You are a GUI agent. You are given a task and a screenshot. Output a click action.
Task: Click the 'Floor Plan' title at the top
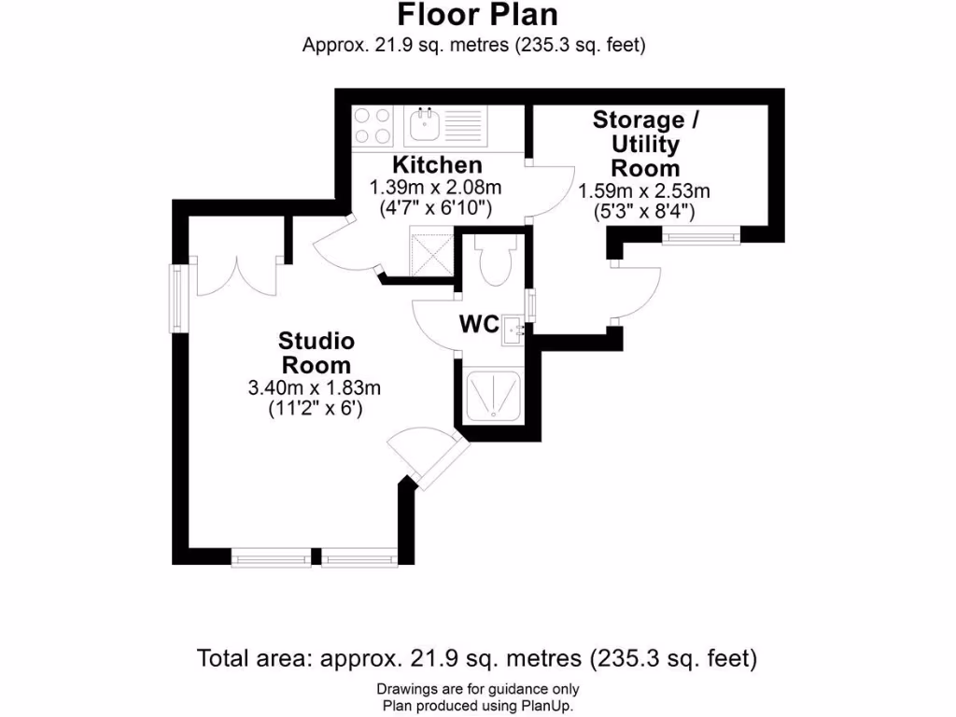coord(477,15)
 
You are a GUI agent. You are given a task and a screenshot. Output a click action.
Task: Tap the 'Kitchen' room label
coord(424,166)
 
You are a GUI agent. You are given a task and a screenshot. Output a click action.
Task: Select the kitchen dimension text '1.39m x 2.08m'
coord(424,188)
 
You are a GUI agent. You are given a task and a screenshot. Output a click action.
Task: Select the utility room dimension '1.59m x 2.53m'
coord(645,191)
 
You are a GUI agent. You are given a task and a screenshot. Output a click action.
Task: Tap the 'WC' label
coord(477,325)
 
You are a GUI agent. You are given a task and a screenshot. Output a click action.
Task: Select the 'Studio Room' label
coord(316,351)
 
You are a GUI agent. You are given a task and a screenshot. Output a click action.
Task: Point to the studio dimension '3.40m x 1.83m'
coord(316,387)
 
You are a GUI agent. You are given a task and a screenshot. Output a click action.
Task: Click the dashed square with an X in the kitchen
coord(430,252)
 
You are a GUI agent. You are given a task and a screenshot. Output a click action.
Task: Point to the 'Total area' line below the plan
coord(477,658)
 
